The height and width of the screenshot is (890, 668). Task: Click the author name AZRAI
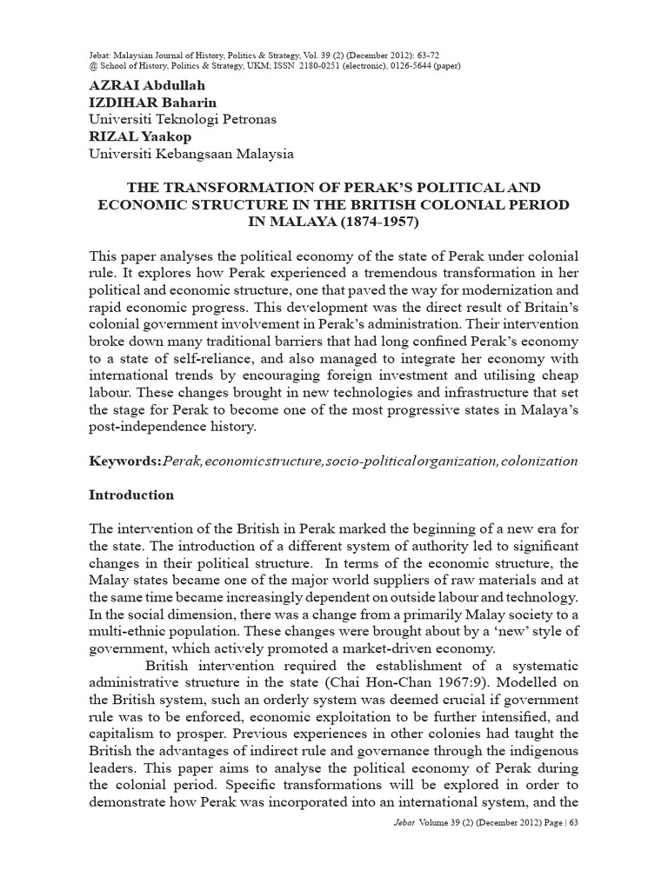pos(115,87)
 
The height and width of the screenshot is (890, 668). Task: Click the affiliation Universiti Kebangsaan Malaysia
pos(191,154)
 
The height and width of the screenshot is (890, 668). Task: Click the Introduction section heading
pos(131,495)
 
